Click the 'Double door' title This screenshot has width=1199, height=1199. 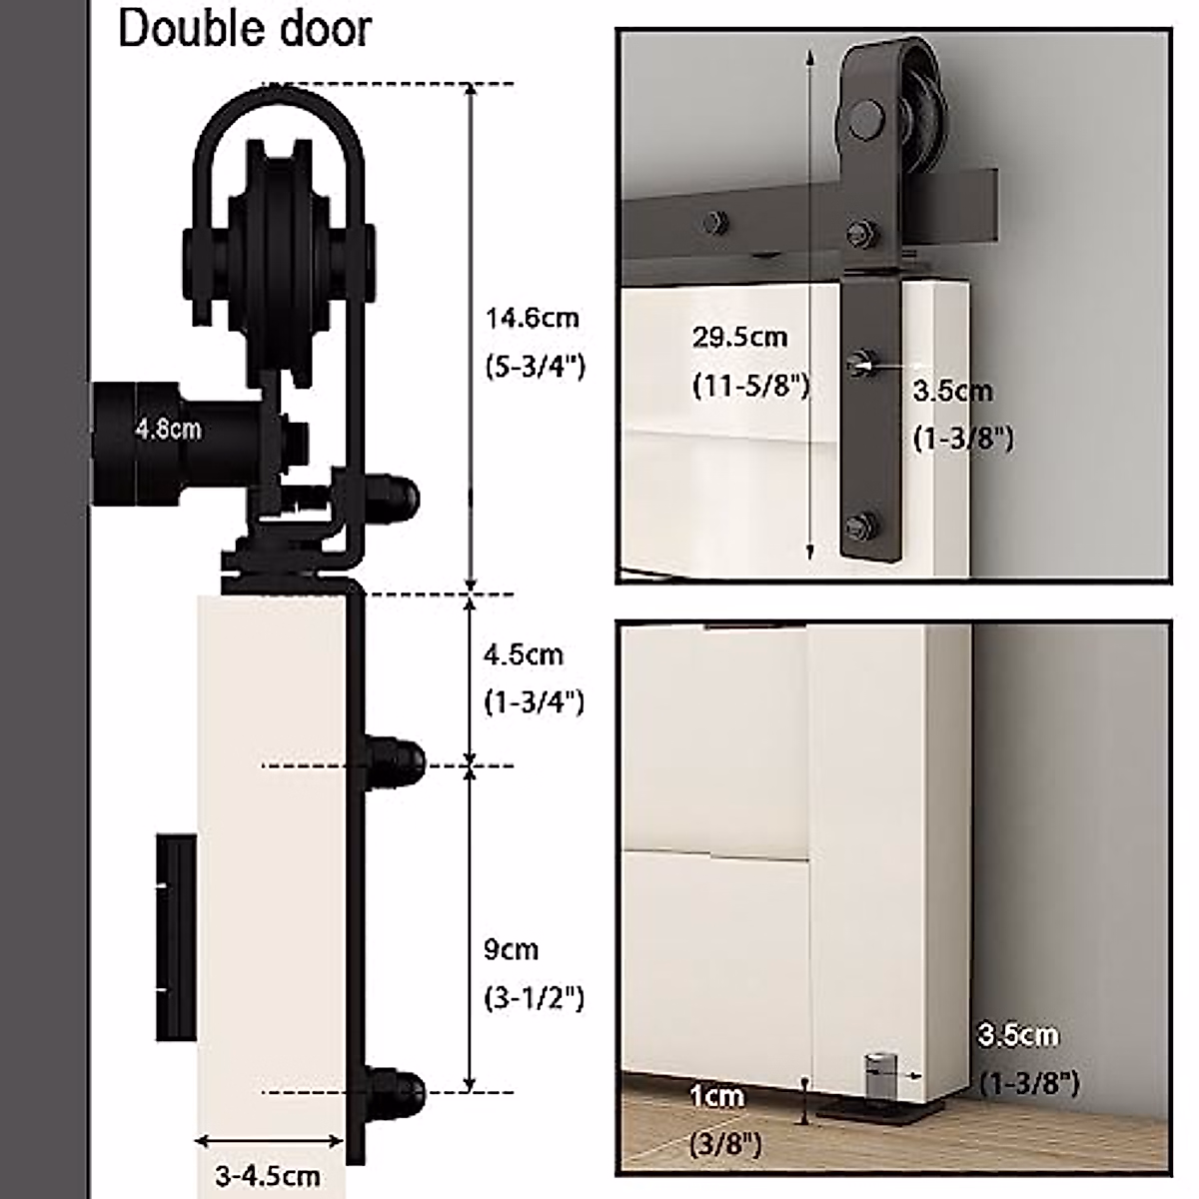coord(245,29)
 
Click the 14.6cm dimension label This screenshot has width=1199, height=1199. coord(533,319)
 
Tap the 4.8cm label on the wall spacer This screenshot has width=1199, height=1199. coord(169,430)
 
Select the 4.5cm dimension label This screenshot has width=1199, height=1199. coord(524,655)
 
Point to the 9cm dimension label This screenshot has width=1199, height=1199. coord(512,949)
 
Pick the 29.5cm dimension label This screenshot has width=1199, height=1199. coord(740,337)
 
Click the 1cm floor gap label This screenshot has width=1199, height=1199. coord(717,1097)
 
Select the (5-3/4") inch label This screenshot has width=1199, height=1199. coord(536,367)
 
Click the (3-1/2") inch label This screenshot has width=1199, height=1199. coord(534,997)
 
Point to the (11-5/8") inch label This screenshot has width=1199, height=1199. coord(750,385)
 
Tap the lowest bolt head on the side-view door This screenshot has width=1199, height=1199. coord(395,1089)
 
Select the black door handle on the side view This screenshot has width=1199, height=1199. coord(176,937)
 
